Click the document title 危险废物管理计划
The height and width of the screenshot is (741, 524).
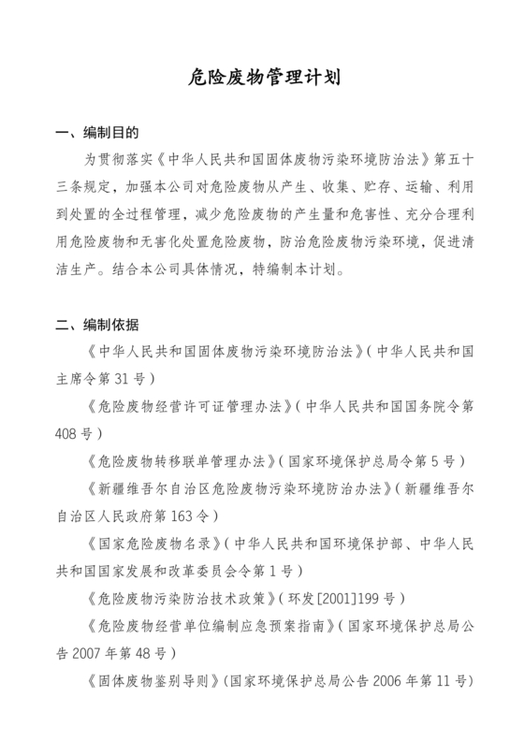(261, 77)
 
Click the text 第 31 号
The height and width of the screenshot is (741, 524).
(122, 379)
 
